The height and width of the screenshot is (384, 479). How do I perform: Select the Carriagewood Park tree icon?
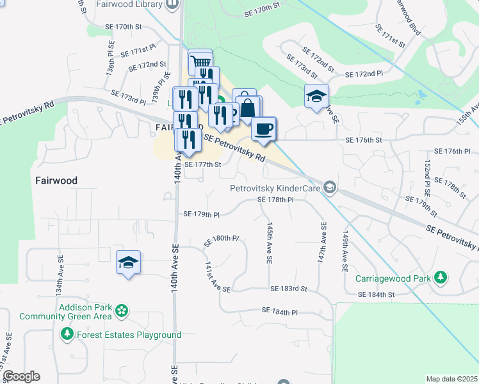440,278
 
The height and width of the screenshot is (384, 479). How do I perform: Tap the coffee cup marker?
263,129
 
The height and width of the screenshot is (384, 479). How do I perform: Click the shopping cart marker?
200,62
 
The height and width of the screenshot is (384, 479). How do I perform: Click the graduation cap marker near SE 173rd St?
316,96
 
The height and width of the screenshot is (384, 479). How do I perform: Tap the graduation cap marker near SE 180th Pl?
128,262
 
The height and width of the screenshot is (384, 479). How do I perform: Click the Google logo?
20,376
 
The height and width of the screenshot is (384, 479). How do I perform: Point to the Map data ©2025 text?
451,379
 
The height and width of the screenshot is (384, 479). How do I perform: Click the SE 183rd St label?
288,289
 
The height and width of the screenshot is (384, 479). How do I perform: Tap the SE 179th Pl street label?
201,214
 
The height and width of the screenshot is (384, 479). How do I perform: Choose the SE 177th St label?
202,164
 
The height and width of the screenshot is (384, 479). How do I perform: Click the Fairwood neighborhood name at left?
56,181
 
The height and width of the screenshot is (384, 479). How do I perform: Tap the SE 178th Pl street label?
275,200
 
